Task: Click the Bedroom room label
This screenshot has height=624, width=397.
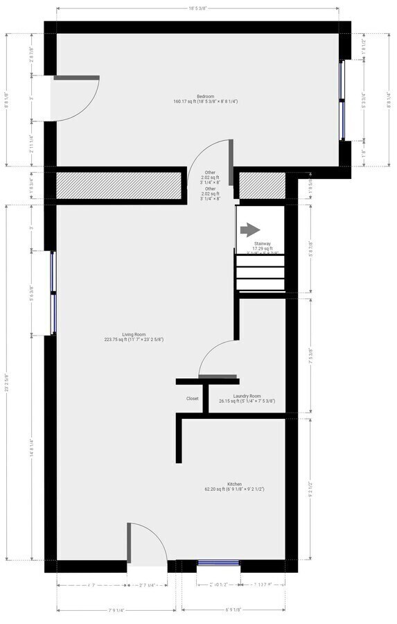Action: coord(205,96)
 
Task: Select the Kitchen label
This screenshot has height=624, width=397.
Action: coord(235,483)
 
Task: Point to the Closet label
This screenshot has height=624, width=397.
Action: coord(193,399)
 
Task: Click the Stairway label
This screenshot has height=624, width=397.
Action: coord(263,243)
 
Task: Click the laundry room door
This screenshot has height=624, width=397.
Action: coord(218,361)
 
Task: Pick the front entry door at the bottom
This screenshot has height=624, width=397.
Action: coord(147,545)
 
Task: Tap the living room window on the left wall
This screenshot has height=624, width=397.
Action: coord(53,293)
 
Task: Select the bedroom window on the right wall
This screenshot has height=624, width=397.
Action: coord(342,101)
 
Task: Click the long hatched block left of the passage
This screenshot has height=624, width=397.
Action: coord(119,185)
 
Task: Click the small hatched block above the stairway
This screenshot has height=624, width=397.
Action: coord(262,185)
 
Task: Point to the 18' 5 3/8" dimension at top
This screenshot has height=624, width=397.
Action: coord(197,8)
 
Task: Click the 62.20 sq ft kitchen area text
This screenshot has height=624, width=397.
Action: coord(235,489)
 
